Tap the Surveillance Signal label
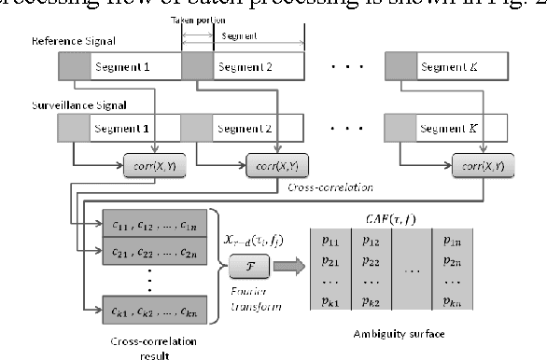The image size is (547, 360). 72,106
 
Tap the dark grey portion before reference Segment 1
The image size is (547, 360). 74,67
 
